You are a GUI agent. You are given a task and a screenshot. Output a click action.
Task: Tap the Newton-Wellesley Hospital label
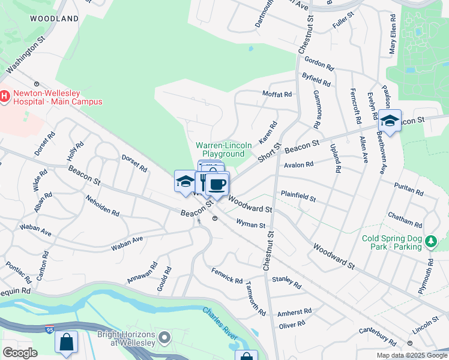(58, 97)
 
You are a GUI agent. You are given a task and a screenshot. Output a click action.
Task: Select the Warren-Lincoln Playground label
(220, 149)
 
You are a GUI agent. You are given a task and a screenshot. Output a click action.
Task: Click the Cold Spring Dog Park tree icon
(430, 242)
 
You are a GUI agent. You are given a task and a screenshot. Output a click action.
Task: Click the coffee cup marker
(218, 183)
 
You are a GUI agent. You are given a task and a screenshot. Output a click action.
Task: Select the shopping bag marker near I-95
(67, 342)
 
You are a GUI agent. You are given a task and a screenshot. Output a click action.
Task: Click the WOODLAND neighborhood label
(55, 19)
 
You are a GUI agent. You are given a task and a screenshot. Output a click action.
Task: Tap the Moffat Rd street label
(277, 94)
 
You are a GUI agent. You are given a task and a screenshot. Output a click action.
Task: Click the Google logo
(20, 353)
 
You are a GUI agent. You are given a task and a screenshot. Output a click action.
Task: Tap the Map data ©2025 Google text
(411, 355)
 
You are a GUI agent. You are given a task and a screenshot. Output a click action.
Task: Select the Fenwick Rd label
(227, 276)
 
